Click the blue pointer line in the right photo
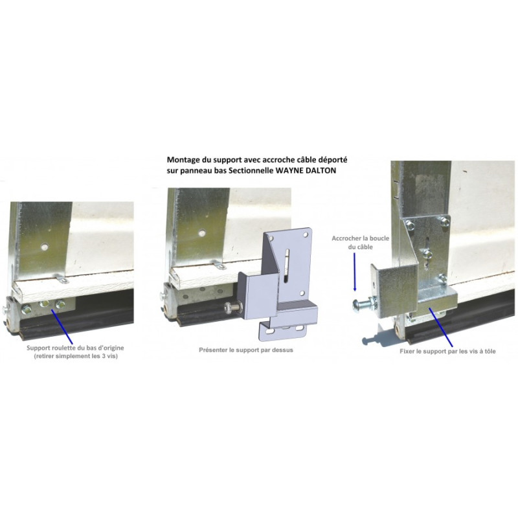(441, 327)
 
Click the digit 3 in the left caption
(103, 356)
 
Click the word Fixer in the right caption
(407, 351)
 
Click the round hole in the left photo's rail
(45, 247)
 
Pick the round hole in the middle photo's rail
(202, 233)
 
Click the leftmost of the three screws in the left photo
(26, 310)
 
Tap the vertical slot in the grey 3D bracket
(286, 265)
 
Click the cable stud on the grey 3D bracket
(232, 309)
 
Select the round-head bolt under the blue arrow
(365, 304)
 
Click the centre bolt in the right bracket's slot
(427, 254)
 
